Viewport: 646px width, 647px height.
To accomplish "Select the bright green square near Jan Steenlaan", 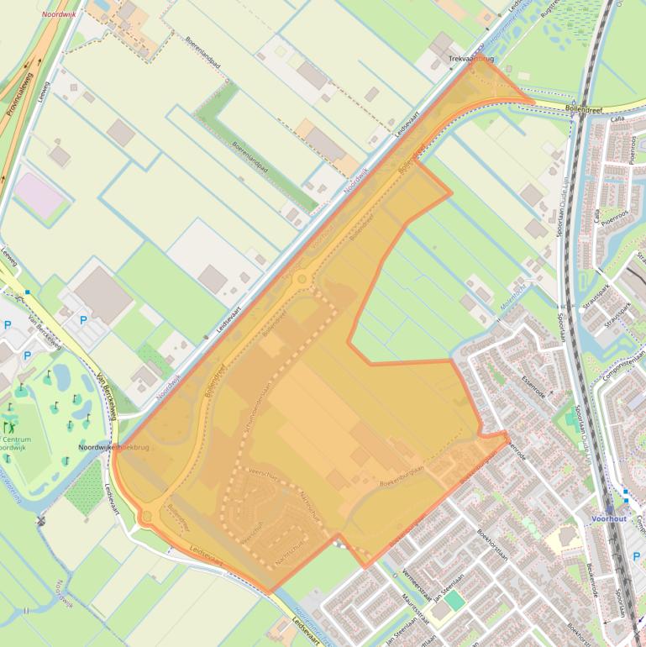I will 454,600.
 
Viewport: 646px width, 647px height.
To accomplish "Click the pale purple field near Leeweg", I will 39,193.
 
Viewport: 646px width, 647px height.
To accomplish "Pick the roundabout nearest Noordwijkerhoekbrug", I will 148,515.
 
